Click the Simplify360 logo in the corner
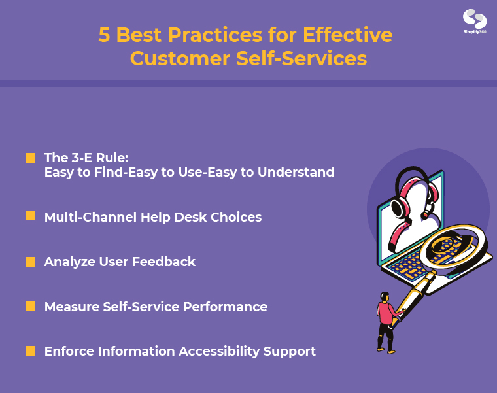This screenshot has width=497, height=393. click(x=475, y=21)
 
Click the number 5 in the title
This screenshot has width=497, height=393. click(x=104, y=35)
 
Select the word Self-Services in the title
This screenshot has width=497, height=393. click(x=301, y=58)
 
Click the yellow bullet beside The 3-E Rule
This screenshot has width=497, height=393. click(x=31, y=158)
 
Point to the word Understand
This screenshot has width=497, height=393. click(x=296, y=172)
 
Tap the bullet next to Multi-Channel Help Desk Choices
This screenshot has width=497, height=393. click(x=31, y=216)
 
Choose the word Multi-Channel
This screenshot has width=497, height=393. click(x=90, y=217)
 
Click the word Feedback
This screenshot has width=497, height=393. click(x=163, y=262)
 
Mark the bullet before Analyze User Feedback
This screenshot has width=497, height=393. click(x=31, y=262)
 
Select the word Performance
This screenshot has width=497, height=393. click(x=225, y=307)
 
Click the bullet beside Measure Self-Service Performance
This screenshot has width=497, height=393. click(x=31, y=307)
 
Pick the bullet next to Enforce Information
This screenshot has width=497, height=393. click(x=31, y=351)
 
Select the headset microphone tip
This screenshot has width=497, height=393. click(x=424, y=216)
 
